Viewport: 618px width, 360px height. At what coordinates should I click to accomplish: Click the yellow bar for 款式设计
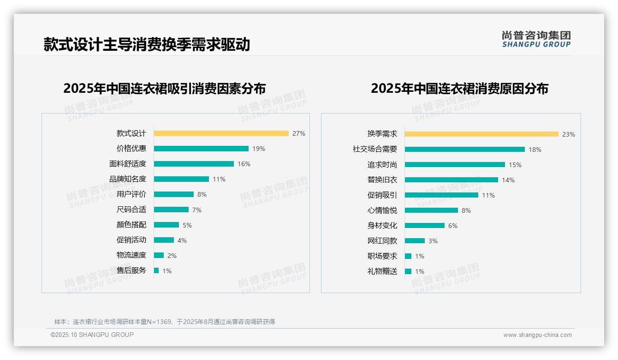pos(221,133)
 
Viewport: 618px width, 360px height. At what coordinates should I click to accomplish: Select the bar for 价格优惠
pos(201,149)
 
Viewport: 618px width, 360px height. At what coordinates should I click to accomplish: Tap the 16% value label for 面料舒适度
pos(244,164)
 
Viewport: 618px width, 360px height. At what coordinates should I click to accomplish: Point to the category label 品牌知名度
pos(128,179)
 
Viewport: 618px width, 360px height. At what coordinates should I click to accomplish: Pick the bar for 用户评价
pos(174,194)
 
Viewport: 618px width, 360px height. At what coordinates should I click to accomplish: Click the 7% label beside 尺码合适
pos(197,210)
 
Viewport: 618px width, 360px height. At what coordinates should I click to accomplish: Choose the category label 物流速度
pos(131,255)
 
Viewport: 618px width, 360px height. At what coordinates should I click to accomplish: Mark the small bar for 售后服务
pos(156,270)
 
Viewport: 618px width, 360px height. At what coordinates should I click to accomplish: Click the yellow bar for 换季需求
pos(481,134)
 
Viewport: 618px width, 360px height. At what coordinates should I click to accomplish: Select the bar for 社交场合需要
pos(465,150)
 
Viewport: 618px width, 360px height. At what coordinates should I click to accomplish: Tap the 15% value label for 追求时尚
pos(515,165)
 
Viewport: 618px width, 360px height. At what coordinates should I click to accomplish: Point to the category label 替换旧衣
pos(382,180)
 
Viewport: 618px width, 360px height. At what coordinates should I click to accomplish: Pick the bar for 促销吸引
pos(441,195)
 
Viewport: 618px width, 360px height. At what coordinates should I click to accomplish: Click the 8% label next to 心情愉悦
pos(466,210)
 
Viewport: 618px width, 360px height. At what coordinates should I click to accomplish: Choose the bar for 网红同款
pos(415,241)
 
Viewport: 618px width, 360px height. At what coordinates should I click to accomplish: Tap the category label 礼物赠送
pos(382,271)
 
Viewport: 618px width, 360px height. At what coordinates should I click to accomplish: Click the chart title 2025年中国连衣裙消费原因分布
pos(459,89)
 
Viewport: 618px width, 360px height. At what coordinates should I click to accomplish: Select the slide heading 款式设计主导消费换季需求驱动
pos(147,44)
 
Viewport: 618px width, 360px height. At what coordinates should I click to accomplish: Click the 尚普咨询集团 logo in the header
pos(536,39)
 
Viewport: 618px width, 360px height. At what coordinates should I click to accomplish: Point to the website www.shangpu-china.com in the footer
pos(537,335)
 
